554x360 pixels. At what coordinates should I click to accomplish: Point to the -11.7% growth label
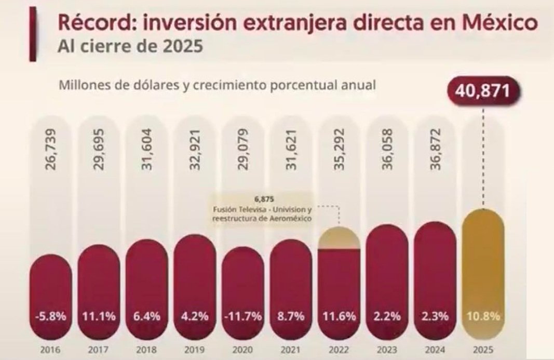pos(242,316)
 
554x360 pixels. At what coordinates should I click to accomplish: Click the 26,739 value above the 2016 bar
pos(50,151)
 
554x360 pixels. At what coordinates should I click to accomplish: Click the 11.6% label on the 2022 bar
pos(339,316)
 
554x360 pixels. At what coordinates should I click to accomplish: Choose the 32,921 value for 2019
pos(195,151)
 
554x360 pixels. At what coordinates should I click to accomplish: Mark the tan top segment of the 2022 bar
pos(339,238)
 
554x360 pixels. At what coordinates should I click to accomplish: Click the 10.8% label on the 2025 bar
pos(483,316)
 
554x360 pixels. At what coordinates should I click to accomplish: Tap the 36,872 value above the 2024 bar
pos(435,151)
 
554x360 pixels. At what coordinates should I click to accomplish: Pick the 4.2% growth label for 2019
pos(195,316)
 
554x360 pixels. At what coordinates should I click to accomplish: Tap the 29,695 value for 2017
pos(99,151)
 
